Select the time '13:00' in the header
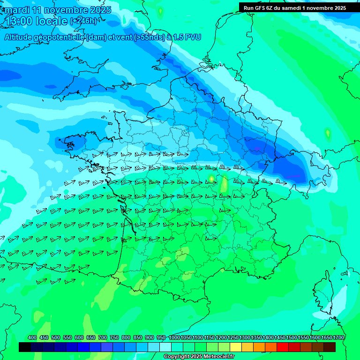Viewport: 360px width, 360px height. click(20, 21)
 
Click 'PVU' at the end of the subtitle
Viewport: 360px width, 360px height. click(193, 37)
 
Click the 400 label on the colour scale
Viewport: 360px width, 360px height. click(32, 337)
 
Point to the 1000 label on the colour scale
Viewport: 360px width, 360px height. click(174, 337)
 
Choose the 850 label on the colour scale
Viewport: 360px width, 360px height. click(138, 337)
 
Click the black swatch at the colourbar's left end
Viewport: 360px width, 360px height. click(25, 347)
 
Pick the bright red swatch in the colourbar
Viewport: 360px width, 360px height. click(283, 347)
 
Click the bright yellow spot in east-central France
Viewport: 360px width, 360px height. click(211, 178)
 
